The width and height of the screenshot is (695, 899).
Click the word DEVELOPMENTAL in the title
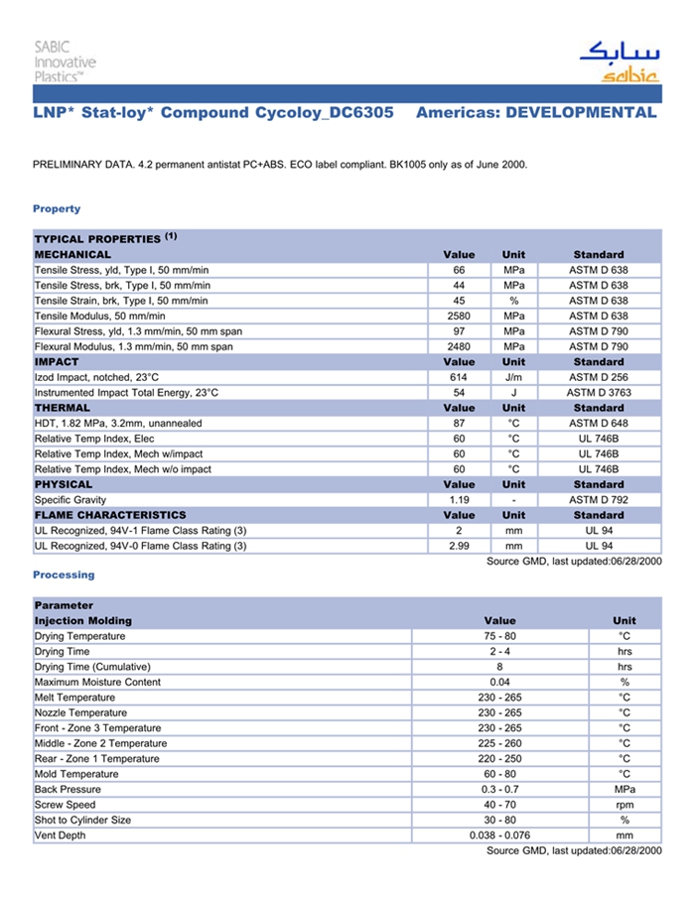(x=581, y=112)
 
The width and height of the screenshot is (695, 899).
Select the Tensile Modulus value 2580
(x=459, y=316)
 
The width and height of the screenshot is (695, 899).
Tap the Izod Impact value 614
(x=459, y=377)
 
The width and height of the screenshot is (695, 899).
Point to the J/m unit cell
(x=513, y=377)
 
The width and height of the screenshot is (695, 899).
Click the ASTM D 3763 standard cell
(x=599, y=393)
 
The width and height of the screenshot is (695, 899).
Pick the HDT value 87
(x=459, y=424)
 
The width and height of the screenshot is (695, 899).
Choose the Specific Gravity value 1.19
(x=459, y=500)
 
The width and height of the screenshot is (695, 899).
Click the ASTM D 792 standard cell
(x=599, y=500)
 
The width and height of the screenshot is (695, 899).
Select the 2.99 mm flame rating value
(x=459, y=546)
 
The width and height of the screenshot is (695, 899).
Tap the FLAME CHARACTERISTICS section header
(x=110, y=515)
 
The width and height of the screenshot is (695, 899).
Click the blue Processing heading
(x=64, y=575)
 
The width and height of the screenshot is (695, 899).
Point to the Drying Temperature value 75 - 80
(x=500, y=636)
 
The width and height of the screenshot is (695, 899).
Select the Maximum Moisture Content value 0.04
(x=500, y=682)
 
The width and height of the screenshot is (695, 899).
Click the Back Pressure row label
(x=68, y=789)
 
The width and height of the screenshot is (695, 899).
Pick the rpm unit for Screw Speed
(x=625, y=805)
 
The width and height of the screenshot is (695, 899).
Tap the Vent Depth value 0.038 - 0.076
(x=500, y=835)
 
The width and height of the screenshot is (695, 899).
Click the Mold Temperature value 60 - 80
(x=500, y=774)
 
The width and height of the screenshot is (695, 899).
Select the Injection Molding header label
(x=83, y=620)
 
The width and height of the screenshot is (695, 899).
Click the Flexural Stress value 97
(x=459, y=331)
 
